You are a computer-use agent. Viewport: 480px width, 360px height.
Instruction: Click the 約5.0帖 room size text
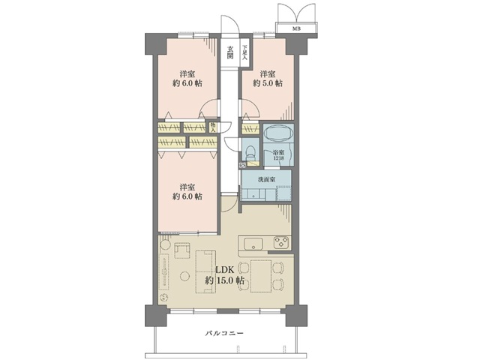pyautogui.click(x=268, y=84)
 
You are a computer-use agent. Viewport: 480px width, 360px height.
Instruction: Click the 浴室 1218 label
pyautogui.click(x=278, y=154)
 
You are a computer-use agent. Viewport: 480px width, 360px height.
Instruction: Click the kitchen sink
pyautogui.click(x=252, y=242)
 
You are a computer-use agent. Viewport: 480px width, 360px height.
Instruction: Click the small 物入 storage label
pyautogui.click(x=213, y=127)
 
